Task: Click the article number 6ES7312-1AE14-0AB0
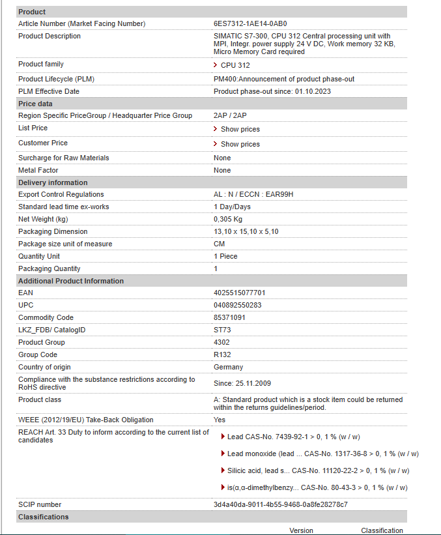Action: pyautogui.click(x=250, y=23)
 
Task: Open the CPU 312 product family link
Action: pyautogui.click(x=235, y=65)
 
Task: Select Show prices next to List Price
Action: pyautogui.click(x=240, y=129)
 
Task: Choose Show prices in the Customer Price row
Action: pyautogui.click(x=240, y=144)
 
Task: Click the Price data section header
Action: pyautogui.click(x=35, y=104)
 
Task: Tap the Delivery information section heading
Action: pyautogui.click(x=53, y=182)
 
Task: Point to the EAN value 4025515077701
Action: pyautogui.click(x=240, y=293)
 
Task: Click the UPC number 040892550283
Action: pyautogui.click(x=238, y=305)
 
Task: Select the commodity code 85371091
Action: pyautogui.click(x=230, y=317)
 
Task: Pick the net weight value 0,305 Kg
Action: pyautogui.click(x=228, y=219)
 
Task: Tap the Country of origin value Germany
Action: pyautogui.click(x=228, y=367)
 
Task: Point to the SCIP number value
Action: pyautogui.click(x=281, y=504)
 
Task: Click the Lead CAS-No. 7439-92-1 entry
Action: pyautogui.click(x=293, y=437)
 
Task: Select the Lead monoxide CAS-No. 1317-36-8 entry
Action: pyautogui.click(x=322, y=454)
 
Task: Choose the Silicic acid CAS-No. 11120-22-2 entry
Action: pyautogui.click(x=318, y=470)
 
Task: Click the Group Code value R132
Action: pyautogui.click(x=222, y=354)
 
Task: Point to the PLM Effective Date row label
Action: pyautogui.click(x=49, y=91)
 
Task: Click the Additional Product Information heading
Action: pyautogui.click(x=70, y=281)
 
